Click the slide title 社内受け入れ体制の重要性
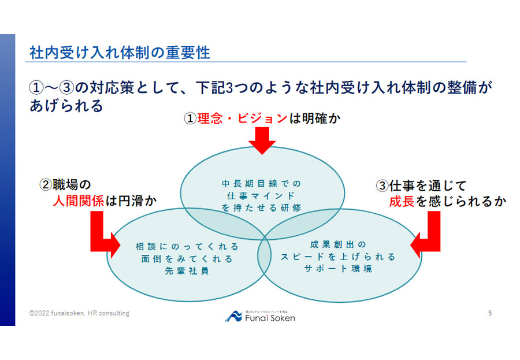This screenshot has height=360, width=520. pyautogui.click(x=120, y=53)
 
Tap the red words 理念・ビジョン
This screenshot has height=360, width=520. pyautogui.click(x=242, y=118)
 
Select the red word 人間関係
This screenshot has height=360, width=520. pyautogui.click(x=78, y=201)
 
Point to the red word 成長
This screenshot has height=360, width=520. pyautogui.click(x=402, y=201)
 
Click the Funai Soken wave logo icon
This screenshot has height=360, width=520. pyautogui.click(x=233, y=316)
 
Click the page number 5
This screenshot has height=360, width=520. pyautogui.click(x=490, y=313)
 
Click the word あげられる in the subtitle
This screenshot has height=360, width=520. pyautogui.click(x=66, y=106)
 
